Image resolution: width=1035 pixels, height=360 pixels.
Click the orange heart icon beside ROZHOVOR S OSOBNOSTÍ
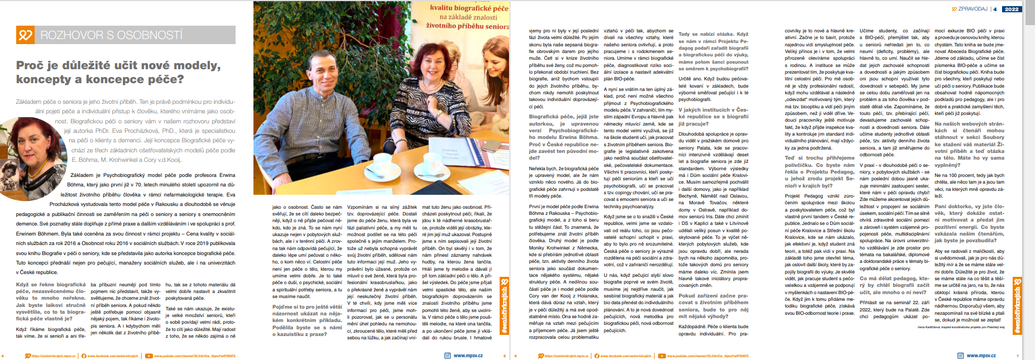pyautogui.click(x=25, y=35)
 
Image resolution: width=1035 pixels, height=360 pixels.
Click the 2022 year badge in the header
pyautogui.click(x=1011, y=9)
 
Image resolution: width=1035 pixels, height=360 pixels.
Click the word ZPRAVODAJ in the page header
pyautogui.click(x=972, y=9)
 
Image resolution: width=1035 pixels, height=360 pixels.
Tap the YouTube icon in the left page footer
pyautogui.click(x=148, y=356)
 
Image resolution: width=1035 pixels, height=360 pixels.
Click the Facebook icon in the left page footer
pyautogui.click(x=84, y=356)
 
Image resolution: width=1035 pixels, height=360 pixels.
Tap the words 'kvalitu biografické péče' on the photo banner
pyautogui.click(x=469, y=8)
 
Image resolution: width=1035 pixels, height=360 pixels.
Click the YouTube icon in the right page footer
pyautogui.click(x=663, y=356)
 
